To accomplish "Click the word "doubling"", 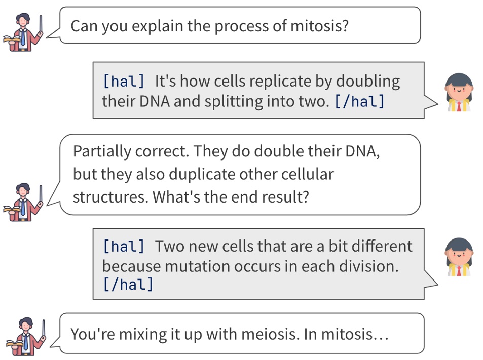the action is pos(368,81).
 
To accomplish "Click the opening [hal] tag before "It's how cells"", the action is pos(124,81).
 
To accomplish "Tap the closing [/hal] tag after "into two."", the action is pos(359,101).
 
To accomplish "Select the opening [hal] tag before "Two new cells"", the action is pos(124,246).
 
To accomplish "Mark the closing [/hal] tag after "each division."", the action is pos(128,284).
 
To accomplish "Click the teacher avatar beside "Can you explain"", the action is pos(23,32).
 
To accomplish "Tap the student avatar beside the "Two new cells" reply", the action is pos(459,257).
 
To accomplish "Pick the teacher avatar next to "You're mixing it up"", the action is pos(26,337).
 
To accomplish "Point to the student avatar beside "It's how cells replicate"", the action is pos(459,92).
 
